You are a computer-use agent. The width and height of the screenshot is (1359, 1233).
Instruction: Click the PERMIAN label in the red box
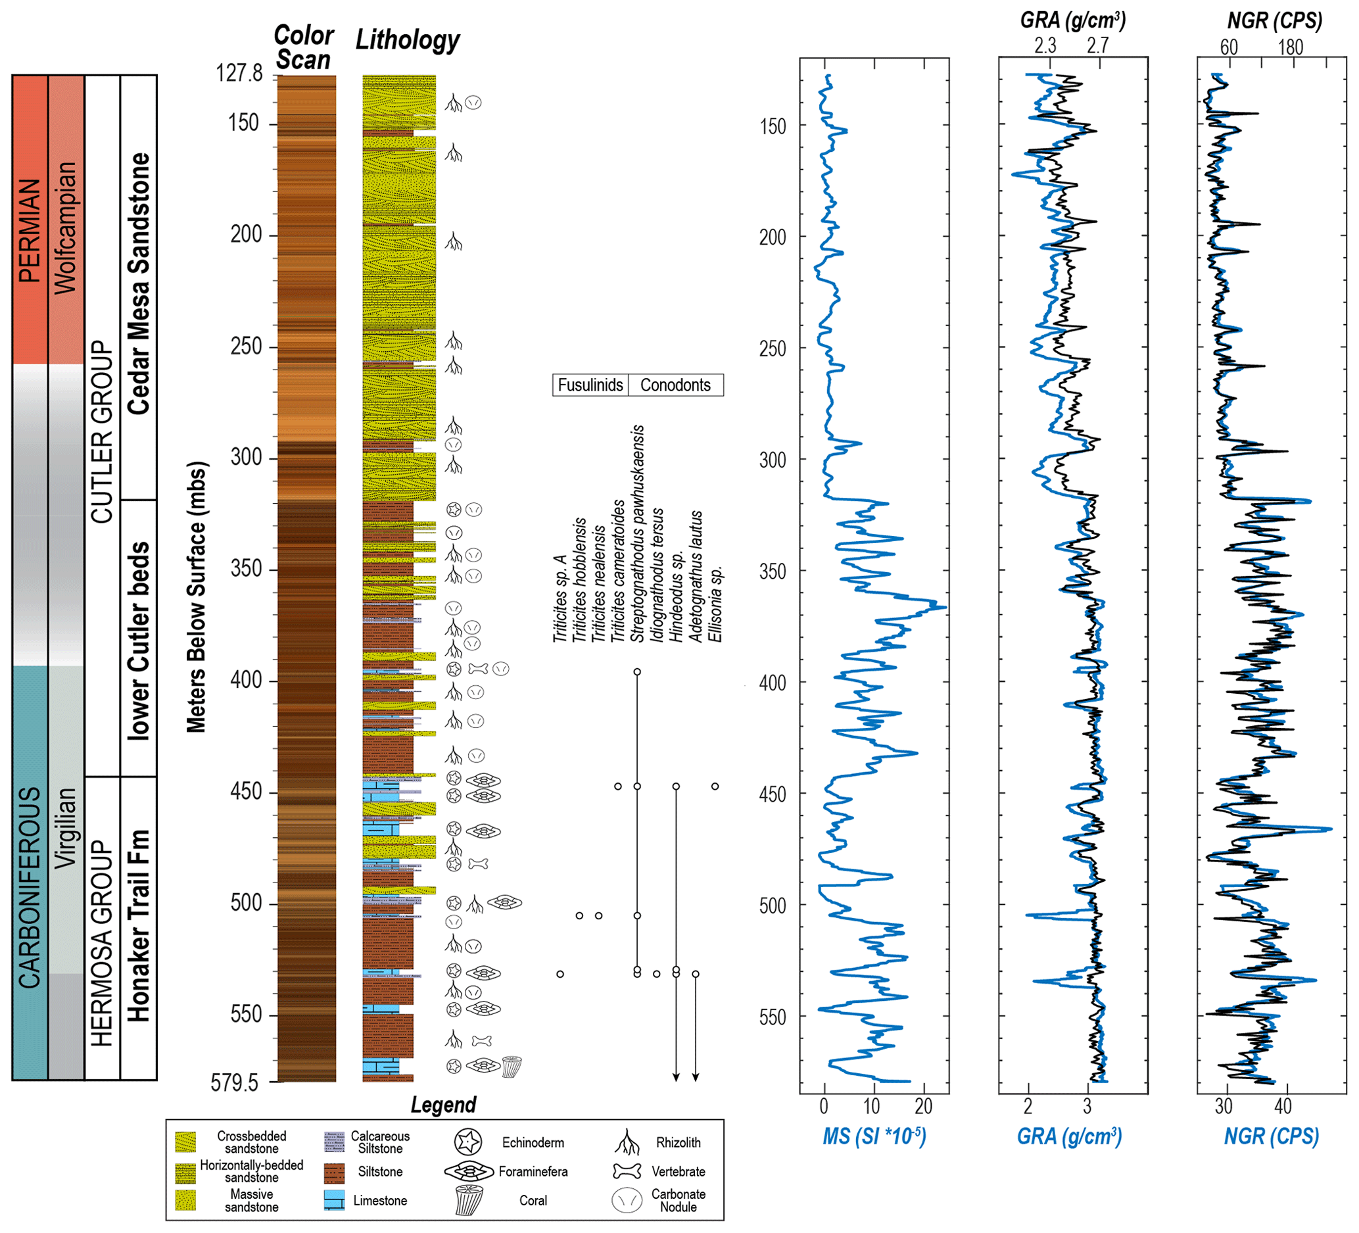(x=30, y=230)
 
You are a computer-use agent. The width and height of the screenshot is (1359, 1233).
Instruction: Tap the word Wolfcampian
(x=66, y=228)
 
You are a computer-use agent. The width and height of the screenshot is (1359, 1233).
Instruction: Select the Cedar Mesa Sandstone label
(x=139, y=283)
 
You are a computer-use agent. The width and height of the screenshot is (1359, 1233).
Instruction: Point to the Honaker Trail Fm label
(x=139, y=926)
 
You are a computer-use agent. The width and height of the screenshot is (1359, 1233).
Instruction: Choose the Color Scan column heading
(x=304, y=47)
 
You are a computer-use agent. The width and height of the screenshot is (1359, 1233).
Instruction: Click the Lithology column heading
(x=407, y=41)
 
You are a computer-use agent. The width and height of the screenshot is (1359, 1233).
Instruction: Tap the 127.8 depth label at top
(x=239, y=73)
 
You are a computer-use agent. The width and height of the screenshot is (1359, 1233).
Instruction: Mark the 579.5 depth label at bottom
(x=235, y=1082)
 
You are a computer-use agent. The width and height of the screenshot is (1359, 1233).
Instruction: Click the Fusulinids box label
(x=590, y=385)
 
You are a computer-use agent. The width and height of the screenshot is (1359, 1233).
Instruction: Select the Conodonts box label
(x=675, y=385)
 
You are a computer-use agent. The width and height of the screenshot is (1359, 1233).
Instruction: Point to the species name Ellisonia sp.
(x=716, y=604)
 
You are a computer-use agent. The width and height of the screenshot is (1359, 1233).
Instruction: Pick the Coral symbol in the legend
(x=469, y=1200)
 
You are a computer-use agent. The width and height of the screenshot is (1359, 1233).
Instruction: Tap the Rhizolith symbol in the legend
(x=627, y=1142)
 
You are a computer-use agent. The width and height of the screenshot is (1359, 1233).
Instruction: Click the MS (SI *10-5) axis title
(x=874, y=1136)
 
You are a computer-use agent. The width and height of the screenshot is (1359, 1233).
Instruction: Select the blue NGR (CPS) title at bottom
(x=1272, y=1136)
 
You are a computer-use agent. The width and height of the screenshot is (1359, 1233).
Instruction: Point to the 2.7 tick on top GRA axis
(x=1097, y=46)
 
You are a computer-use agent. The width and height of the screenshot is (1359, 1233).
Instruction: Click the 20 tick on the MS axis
(x=924, y=1106)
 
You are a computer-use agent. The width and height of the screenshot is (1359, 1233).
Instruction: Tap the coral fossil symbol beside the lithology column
(x=512, y=1067)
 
